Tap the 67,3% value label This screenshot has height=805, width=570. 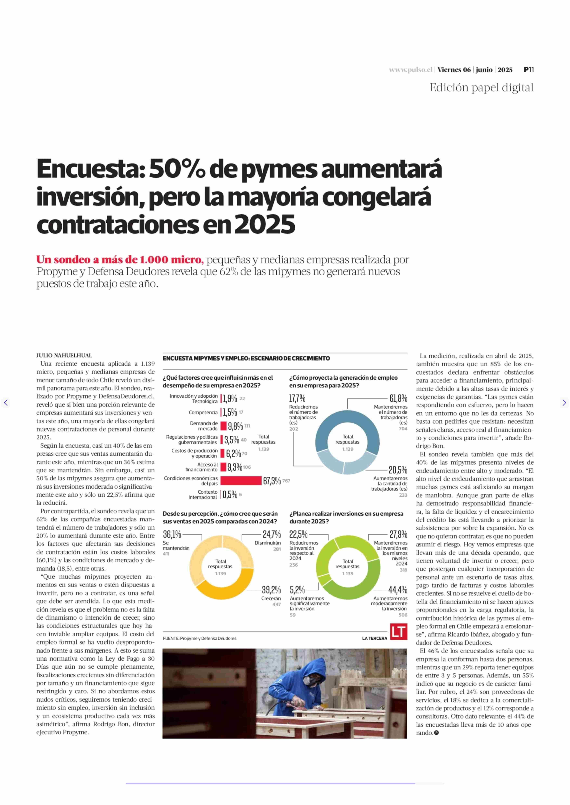coord(272,481)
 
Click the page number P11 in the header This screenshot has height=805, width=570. coord(529,69)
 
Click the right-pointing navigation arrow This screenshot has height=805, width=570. coord(564,402)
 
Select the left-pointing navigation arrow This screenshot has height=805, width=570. coord(6,402)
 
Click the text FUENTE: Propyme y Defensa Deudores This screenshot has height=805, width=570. coord(199,638)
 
